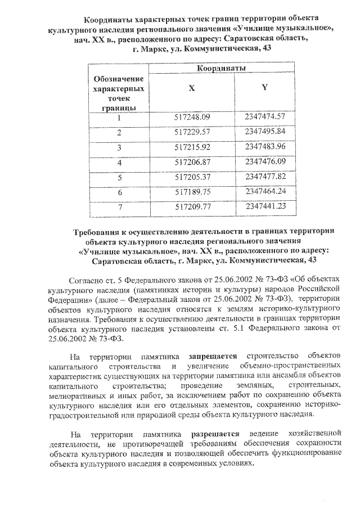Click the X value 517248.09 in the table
pos(192,118)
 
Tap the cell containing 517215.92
pos(192,147)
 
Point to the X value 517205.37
pos(192,177)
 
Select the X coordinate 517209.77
pos(192,207)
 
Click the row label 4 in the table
pos(119,163)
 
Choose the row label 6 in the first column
pos(119,192)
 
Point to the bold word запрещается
pos(213,356)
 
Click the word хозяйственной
pos(313,434)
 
